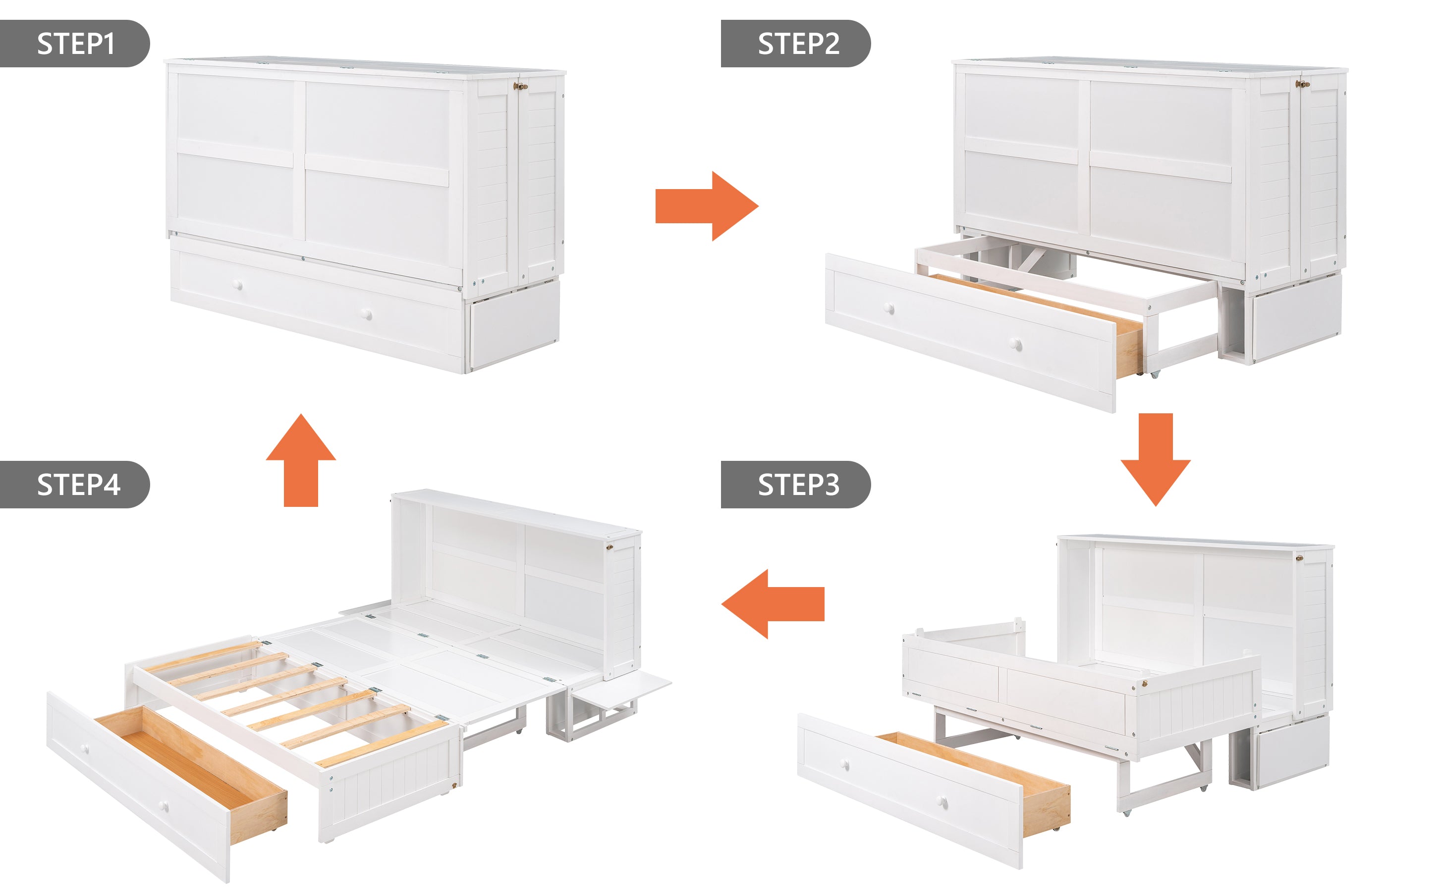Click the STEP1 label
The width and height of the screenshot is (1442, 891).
tap(75, 44)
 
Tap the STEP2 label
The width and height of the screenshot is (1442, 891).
tap(797, 44)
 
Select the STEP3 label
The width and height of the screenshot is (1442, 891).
tap(797, 485)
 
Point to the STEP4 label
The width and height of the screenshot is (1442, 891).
tap(78, 485)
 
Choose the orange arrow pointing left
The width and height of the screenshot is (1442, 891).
tap(772, 604)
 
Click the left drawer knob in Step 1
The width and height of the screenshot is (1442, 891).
tap(238, 285)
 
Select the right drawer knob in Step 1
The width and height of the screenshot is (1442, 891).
tap(367, 315)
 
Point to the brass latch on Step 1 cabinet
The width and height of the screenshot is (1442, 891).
tap(520, 86)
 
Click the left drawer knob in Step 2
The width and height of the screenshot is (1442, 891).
tap(889, 308)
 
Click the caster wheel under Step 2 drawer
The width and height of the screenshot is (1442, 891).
tap(1154, 374)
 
